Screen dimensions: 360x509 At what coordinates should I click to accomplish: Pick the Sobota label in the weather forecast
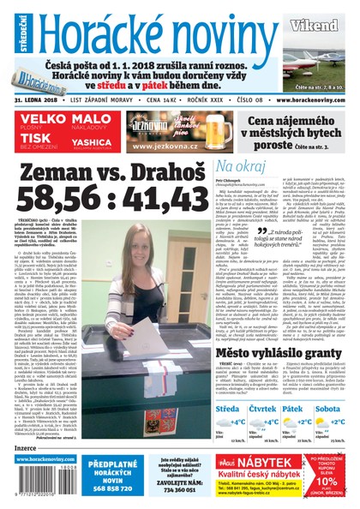click(330, 410)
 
